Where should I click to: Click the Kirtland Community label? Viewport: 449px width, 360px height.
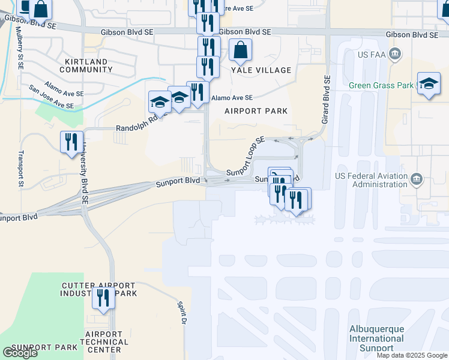[83, 66]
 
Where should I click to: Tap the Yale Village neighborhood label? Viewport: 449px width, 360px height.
[261, 70]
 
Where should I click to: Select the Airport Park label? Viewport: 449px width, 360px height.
[256, 111]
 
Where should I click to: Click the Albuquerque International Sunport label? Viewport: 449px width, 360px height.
[377, 338]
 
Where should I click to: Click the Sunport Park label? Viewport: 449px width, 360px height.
[44, 347]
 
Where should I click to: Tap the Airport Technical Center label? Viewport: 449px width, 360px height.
[107, 342]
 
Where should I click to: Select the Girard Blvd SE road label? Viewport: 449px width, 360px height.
[327, 100]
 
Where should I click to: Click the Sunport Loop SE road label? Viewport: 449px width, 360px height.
[246, 157]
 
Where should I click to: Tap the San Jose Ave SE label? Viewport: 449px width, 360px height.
[51, 97]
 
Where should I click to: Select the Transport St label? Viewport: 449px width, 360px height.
[21, 169]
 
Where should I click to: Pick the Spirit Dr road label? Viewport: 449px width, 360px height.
[180, 313]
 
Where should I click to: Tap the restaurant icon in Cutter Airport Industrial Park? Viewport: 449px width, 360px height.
[103, 298]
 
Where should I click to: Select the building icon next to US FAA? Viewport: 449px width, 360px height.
[395, 55]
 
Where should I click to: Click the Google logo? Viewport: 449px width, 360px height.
[20, 353]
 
